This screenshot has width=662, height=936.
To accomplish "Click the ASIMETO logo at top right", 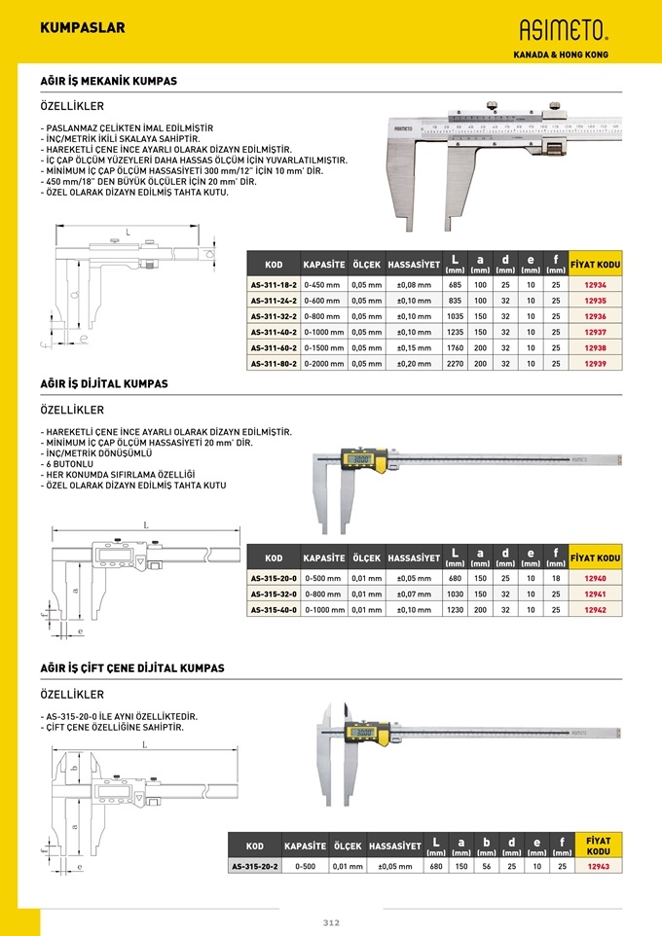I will [562, 30].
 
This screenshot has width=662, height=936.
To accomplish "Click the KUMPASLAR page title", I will [83, 28].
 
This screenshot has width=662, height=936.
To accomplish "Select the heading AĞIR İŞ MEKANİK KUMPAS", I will [108, 82].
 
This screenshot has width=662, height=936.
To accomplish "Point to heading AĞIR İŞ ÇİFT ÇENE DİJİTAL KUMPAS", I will [131, 668].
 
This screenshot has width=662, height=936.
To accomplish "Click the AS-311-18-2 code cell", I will [275, 285].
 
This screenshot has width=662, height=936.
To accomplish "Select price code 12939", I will [595, 363].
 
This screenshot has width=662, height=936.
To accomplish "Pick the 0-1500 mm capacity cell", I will [323, 347].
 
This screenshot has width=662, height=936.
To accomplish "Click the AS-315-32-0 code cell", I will [275, 594].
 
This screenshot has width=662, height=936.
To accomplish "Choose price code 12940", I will [595, 578].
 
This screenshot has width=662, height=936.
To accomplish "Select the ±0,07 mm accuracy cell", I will [414, 594].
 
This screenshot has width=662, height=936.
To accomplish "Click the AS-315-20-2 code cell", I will [254, 866].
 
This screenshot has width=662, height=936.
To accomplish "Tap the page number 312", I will [331, 923].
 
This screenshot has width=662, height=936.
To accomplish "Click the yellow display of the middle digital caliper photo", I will [358, 460].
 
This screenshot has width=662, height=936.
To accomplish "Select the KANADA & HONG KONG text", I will [561, 54].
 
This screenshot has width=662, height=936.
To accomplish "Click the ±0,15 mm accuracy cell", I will [414, 347].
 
